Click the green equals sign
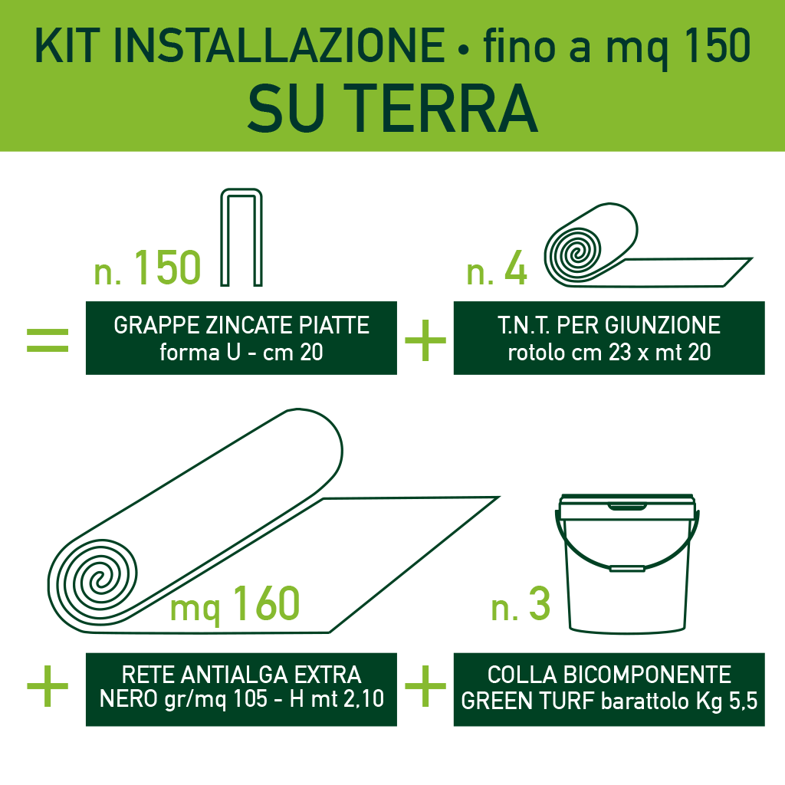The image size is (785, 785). click(48, 340)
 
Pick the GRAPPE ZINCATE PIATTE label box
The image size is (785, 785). click(241, 338)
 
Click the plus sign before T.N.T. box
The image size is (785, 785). click(425, 340)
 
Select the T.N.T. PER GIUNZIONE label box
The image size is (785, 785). click(609, 338)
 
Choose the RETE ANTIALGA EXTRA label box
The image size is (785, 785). click(241, 688)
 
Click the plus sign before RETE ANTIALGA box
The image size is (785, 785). click(48, 685)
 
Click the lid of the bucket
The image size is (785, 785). click(628, 508)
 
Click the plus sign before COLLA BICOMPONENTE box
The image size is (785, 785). click(425, 685)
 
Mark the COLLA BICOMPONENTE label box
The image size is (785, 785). click(609, 688)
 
